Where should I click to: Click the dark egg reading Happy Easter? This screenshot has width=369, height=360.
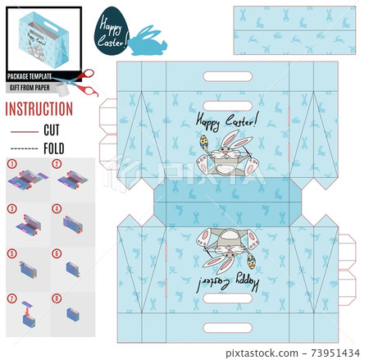coord(112,30)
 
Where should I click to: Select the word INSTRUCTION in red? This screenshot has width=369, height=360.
coord(39,109)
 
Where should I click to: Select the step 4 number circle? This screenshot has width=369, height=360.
coord(57,209)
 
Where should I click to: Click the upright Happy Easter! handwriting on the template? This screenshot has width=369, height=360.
coord(227,121)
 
